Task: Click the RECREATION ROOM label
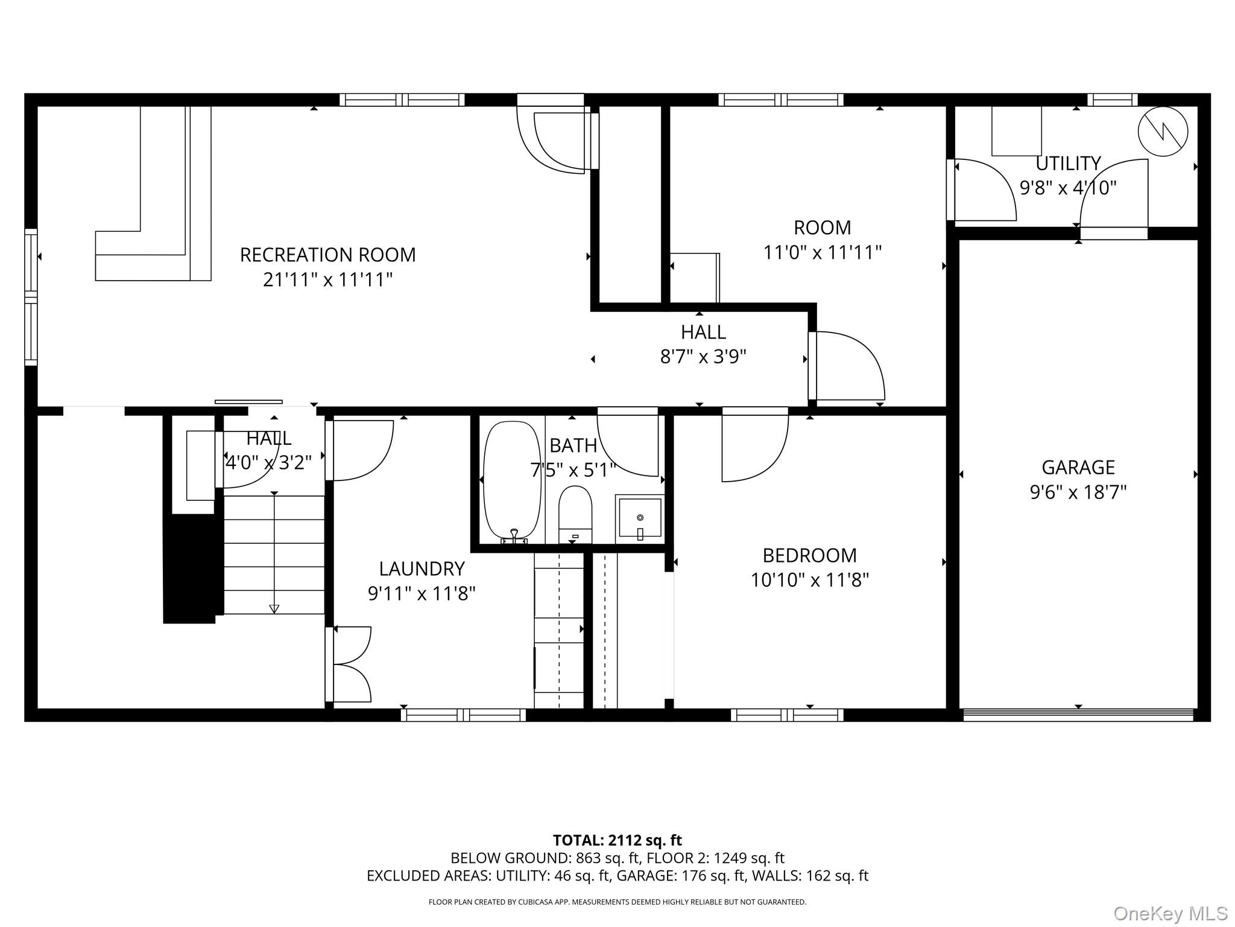(327, 255)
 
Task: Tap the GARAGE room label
(1078, 467)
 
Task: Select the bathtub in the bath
(513, 481)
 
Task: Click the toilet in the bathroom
(575, 515)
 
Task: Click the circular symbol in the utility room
(1163, 132)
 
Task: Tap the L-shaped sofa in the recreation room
(154, 193)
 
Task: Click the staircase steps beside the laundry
(274, 554)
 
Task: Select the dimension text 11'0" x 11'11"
(823, 252)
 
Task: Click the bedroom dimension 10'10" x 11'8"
(810, 580)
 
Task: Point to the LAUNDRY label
(422, 569)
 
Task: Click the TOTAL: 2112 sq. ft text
(617, 840)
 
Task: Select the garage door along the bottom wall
(1078, 715)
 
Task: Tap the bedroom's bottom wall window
(787, 715)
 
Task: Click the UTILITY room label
(1068, 164)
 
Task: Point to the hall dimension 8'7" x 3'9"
(703, 357)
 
